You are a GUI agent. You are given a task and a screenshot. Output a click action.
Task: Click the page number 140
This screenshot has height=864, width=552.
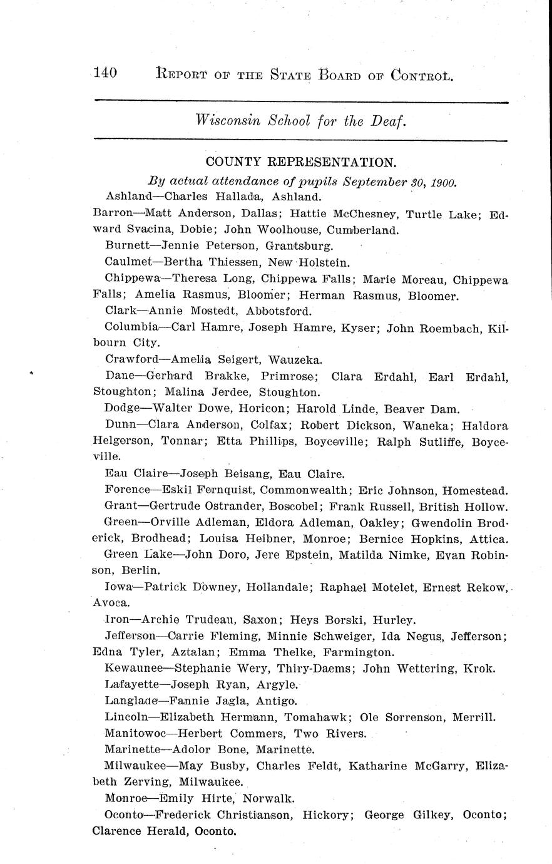pyautogui.click(x=105, y=73)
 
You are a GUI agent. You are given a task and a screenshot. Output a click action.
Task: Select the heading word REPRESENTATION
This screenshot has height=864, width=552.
pyautogui.click(x=332, y=162)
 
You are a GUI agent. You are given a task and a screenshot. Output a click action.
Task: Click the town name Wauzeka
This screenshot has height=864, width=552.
pyautogui.click(x=295, y=359)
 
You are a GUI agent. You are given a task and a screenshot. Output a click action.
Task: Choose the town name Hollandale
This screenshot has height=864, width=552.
pyautogui.click(x=278, y=587)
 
